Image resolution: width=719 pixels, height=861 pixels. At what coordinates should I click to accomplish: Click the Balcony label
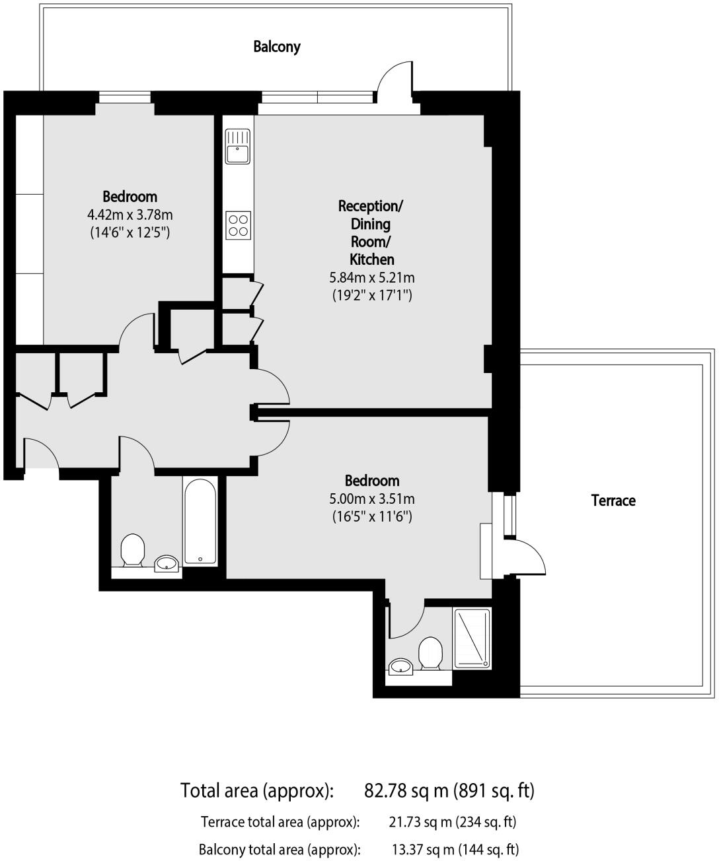coord(277,47)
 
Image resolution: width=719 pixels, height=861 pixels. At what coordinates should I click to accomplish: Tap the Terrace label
coord(613,500)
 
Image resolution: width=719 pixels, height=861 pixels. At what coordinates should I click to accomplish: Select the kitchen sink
coord(237,146)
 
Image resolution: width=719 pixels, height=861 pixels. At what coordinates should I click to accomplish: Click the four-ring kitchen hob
coord(238,224)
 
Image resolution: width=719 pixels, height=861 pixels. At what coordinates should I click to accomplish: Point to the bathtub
coord(200,522)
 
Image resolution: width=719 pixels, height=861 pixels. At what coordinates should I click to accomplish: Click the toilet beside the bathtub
coord(133,549)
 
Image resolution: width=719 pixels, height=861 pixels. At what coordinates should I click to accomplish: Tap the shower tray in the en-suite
coord(472,637)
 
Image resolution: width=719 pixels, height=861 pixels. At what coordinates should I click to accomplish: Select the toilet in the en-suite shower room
coord(430,653)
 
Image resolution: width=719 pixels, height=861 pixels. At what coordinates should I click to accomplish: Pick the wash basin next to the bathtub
coord(167,563)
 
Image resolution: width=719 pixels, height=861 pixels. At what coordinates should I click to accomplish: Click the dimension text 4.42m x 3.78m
coord(130,215)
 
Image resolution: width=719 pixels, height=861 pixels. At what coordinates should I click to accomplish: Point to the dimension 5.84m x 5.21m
coord(372,277)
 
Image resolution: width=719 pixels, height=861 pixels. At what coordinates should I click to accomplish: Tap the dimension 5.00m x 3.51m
coord(372,499)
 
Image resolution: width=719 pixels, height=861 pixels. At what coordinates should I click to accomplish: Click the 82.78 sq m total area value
coord(449,790)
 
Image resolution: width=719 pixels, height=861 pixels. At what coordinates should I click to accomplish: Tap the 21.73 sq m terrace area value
coord(453,822)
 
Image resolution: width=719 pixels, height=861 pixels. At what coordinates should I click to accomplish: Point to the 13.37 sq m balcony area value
coord(455,849)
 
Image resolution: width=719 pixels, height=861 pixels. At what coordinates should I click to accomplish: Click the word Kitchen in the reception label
coord(372,259)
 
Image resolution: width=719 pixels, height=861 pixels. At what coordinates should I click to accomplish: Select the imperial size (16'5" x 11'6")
coord(372,516)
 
